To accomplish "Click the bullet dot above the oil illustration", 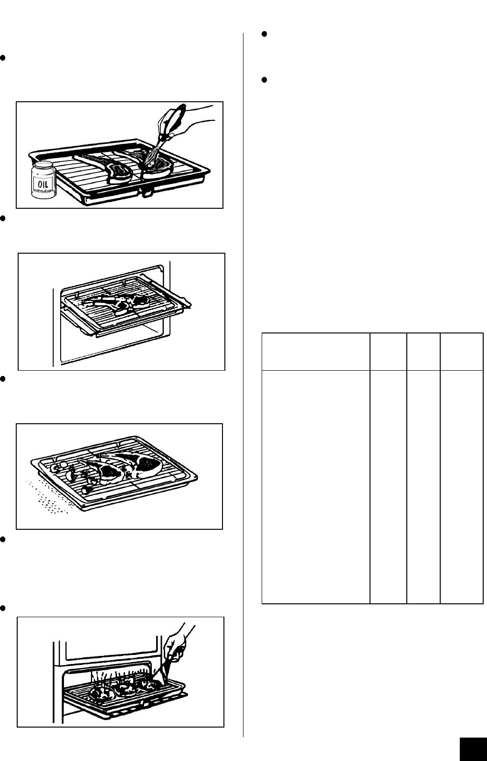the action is pos(3,57).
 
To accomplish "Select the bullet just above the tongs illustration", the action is pos(3,608).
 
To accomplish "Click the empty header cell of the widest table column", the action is pos(316,352).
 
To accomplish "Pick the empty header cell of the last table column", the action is pos(462,352).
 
